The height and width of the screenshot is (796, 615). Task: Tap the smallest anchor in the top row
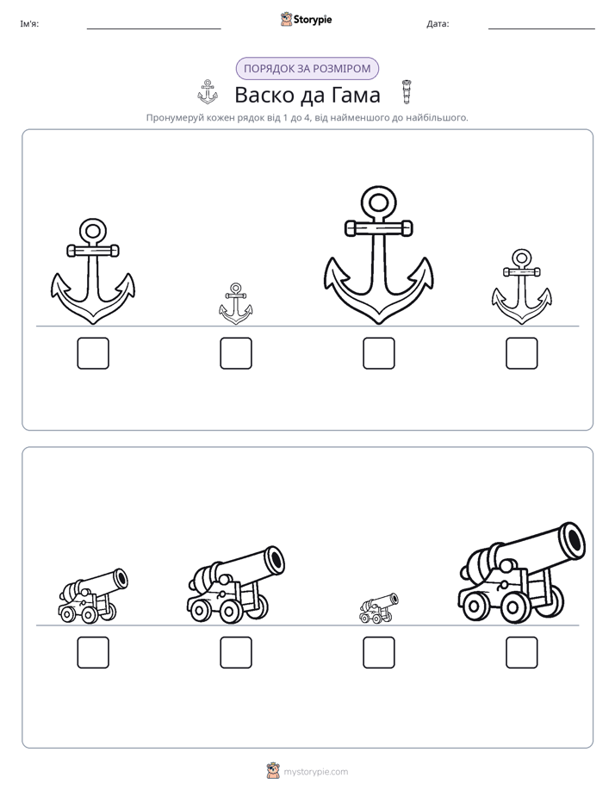pos(235,308)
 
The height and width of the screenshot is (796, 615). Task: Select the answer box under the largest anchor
pos(378,353)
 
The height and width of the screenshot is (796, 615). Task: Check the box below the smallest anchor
pos(236,353)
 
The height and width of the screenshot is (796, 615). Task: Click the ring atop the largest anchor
pos(378,191)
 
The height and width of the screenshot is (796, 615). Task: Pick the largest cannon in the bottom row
pos(522,573)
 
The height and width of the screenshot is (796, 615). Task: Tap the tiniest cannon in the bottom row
pos(378,608)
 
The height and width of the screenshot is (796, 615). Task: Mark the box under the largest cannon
pos(522,652)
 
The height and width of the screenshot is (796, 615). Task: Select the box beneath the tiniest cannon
pos(378,652)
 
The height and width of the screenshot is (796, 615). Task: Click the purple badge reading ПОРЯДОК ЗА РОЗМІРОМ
pos(307,69)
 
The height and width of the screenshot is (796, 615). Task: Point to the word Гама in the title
pos(356,95)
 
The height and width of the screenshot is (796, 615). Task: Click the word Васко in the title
pos(265,95)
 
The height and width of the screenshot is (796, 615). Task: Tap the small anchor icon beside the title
pos(207,92)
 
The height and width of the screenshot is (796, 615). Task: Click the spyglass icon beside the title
pos(406,92)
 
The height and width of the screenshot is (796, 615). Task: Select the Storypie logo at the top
pos(307,19)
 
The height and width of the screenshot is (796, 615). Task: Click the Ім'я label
pos(29,24)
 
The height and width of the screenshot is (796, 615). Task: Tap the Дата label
pos(438,24)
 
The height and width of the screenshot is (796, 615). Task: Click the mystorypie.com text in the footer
pos(315,772)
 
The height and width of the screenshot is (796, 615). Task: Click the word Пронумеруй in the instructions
pos(175,118)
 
